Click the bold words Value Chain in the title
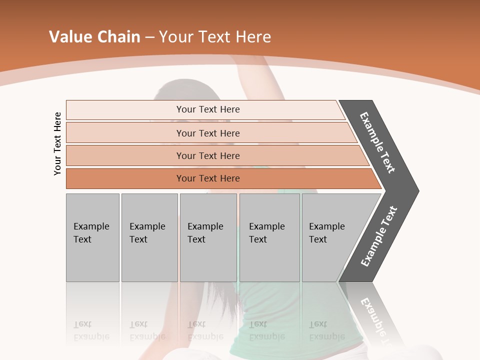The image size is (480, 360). tap(94, 37)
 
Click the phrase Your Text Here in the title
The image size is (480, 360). tap(215, 37)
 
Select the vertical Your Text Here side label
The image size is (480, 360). tap(57, 143)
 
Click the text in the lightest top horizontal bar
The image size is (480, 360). tap(208, 109)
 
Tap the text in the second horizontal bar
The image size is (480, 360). tap(208, 133)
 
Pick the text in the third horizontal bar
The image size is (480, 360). tap(208, 155)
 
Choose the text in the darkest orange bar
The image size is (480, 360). tap(208, 178)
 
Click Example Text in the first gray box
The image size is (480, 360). tap(91, 233)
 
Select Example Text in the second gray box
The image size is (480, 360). tap(147, 233)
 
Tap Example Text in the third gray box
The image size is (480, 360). tap(205, 233)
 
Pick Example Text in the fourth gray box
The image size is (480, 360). tap(266, 233)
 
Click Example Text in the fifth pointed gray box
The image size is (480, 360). tap(326, 233)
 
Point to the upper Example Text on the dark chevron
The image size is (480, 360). tap(377, 142)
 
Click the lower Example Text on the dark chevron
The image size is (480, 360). tap(379, 236)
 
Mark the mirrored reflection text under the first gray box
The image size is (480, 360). tap(91, 330)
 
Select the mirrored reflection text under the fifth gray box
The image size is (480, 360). tap(326, 330)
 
